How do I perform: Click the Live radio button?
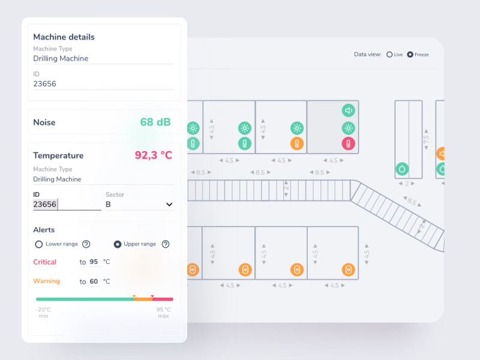(390, 55)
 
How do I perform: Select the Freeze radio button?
(410, 55)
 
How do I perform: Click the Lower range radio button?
(39, 244)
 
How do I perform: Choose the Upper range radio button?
(118, 244)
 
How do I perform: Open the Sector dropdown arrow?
(169, 205)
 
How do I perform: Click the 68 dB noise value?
(155, 122)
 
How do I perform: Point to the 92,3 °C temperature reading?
(153, 155)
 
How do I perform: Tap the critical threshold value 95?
(94, 262)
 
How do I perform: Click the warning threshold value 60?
(94, 281)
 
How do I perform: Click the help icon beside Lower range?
(86, 244)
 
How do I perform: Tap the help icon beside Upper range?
(166, 244)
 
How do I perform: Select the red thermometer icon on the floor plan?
(349, 143)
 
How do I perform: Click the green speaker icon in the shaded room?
(349, 110)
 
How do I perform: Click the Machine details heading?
(64, 37)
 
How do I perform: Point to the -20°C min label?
(44, 313)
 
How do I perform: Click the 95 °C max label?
(163, 313)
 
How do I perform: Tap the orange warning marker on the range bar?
(134, 296)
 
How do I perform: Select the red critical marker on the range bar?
(152, 296)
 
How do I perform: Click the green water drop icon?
(401, 170)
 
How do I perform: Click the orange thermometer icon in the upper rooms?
(297, 143)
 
